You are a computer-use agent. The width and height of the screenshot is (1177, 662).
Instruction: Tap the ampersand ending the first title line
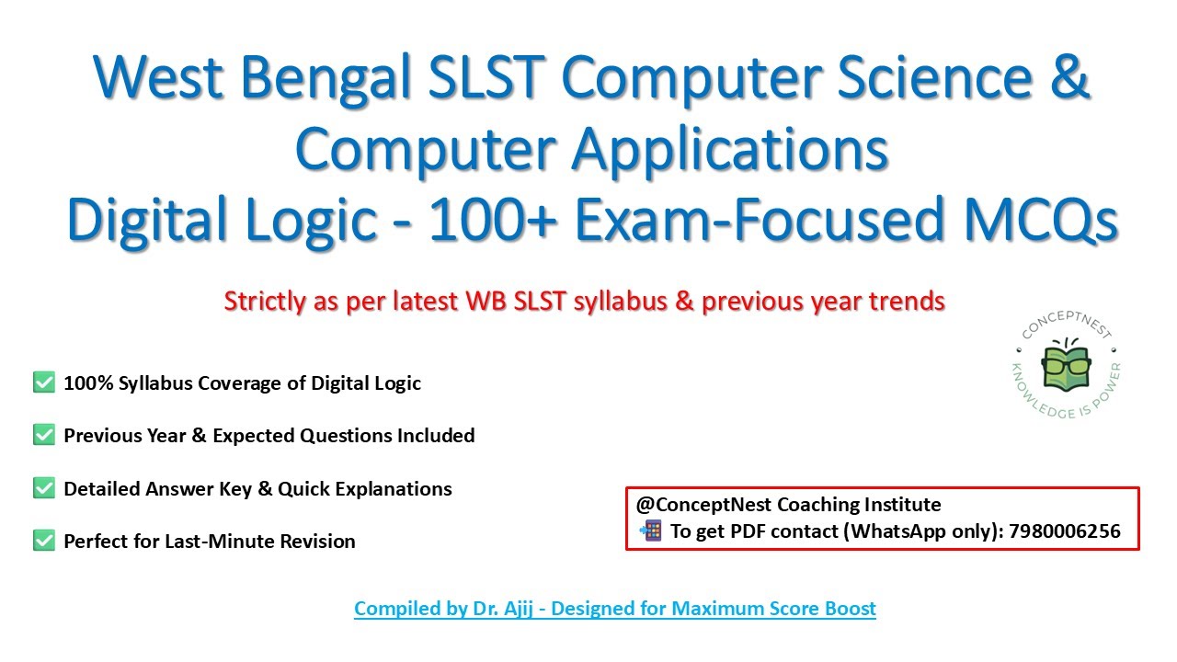pyautogui.click(x=1067, y=80)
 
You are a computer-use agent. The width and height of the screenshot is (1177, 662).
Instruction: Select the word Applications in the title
pyautogui.click(x=730, y=150)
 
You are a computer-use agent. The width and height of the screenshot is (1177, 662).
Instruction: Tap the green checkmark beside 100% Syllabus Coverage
pyautogui.click(x=43, y=382)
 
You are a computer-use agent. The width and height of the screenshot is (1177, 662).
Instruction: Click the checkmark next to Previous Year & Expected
pyautogui.click(x=43, y=435)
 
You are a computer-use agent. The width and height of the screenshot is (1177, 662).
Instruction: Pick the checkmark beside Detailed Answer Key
pyautogui.click(x=43, y=488)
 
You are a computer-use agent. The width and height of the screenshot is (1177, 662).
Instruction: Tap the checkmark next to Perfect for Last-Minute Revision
pyautogui.click(x=43, y=541)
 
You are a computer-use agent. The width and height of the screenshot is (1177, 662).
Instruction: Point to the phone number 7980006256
pyautogui.click(x=1064, y=531)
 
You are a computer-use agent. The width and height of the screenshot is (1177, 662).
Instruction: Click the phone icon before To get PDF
pyautogui.click(x=651, y=531)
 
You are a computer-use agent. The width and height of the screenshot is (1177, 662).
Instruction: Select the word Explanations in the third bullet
pyautogui.click(x=394, y=489)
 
